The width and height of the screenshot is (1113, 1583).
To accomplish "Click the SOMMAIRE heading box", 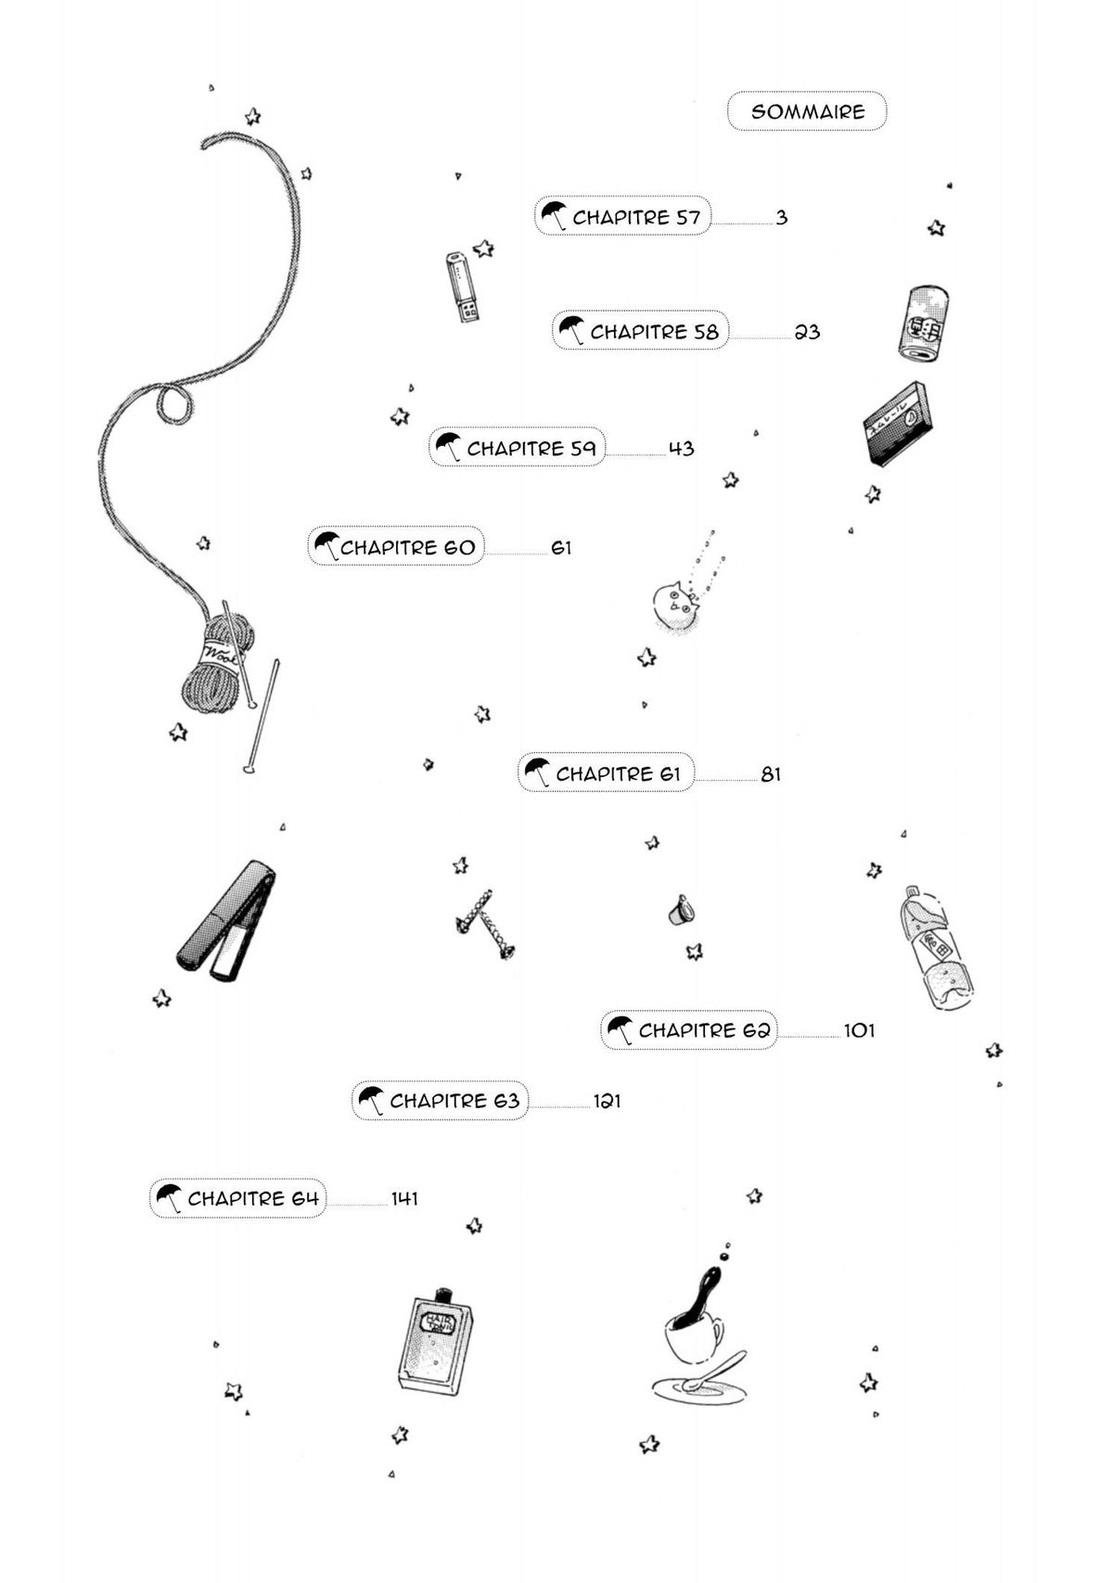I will click(807, 111).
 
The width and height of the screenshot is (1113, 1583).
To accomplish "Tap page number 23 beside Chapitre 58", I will click(808, 332).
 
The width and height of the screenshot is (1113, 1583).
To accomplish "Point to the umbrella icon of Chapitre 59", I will click(449, 447).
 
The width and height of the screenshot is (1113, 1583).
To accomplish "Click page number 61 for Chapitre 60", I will click(561, 548).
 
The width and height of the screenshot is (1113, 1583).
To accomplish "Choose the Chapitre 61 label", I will click(618, 773).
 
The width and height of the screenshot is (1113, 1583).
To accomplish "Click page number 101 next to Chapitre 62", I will click(859, 1030).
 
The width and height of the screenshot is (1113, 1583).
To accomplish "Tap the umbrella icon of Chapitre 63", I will click(371, 1100).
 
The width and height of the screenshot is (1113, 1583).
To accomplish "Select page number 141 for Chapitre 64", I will click(404, 1198).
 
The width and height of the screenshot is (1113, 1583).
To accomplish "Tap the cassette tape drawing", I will click(895, 423).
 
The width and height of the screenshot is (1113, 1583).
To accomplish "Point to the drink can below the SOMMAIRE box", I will click(924, 322).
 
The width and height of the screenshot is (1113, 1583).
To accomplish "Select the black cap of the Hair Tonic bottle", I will click(444, 1292).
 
